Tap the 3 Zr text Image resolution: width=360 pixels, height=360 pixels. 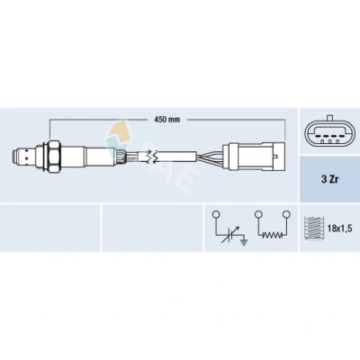coord(329,179)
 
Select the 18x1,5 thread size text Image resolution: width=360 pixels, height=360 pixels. coord(339,229)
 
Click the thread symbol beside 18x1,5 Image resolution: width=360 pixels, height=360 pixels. coord(312,228)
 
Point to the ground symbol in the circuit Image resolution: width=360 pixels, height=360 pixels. coord(245,242)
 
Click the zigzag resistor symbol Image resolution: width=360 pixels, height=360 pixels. coord(272,235)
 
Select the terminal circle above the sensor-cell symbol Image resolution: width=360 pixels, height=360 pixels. coord(216,215)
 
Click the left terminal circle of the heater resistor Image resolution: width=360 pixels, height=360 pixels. coord(258,214)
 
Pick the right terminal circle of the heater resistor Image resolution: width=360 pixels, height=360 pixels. coord(286,214)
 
